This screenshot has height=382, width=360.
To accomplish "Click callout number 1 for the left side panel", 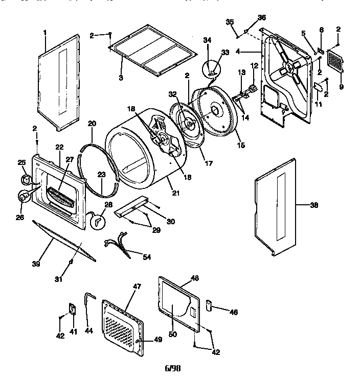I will click(x=45, y=32).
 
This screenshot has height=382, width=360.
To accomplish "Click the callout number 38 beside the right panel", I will click(x=314, y=205).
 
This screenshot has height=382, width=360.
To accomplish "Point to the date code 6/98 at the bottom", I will click(x=172, y=368).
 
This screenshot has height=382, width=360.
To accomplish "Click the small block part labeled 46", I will click(x=209, y=305).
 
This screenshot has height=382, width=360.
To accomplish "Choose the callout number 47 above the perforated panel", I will click(x=137, y=287).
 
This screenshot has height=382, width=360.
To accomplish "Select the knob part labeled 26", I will click(x=24, y=195).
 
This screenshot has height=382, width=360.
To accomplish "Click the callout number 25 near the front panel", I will click(x=21, y=162).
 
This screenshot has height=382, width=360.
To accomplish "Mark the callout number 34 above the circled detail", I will click(x=207, y=40).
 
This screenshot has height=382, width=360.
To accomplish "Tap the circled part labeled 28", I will click(x=97, y=220).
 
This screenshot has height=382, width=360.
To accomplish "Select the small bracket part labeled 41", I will click(x=72, y=309).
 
